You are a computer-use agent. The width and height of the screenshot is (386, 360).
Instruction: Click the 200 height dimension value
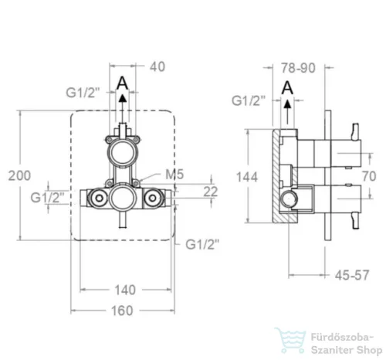pyautogui.click(x=19, y=175)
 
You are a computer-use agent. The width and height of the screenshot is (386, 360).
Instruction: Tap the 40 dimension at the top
pyautogui.click(x=157, y=67)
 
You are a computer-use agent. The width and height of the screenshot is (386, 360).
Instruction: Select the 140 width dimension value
pyautogui.click(x=125, y=290)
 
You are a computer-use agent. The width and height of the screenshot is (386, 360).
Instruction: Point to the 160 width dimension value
pyautogui.click(x=122, y=311)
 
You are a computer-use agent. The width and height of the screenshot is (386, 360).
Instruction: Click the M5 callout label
pyautogui.click(x=174, y=175)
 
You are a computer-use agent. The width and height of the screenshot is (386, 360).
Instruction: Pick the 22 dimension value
pyautogui.click(x=211, y=192)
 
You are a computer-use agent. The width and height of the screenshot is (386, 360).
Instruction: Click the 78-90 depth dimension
pyautogui.click(x=298, y=68)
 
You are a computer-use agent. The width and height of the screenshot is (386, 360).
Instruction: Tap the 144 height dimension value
pyautogui.click(x=247, y=177)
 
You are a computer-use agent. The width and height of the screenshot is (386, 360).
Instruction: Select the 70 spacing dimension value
pyautogui.click(x=369, y=176)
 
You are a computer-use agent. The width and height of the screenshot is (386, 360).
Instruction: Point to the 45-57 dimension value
pyautogui.click(x=352, y=275)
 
